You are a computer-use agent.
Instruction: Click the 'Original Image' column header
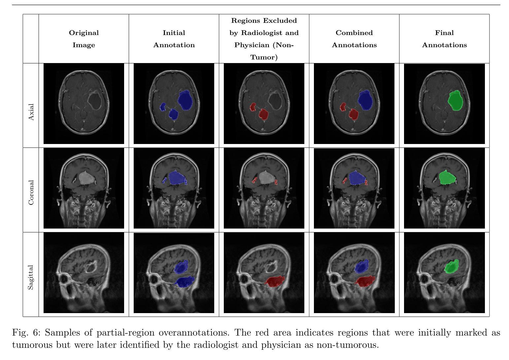click(84, 39)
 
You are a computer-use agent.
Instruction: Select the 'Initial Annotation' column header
click(174, 39)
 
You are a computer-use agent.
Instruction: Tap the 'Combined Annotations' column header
click(354, 39)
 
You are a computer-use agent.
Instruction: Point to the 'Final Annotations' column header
click(444, 39)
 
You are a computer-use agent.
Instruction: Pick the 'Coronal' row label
click(31, 193)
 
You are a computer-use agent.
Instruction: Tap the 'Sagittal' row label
click(31, 277)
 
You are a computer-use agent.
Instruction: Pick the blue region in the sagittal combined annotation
click(362, 266)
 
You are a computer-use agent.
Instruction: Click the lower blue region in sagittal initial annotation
click(185, 281)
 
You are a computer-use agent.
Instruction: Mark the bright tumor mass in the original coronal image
click(86, 178)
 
